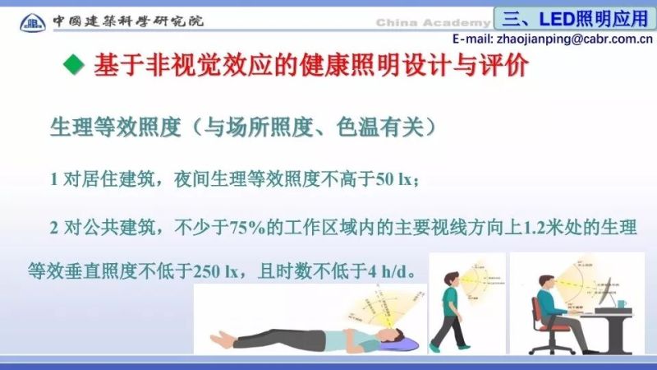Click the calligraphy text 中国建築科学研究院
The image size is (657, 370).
[128, 20]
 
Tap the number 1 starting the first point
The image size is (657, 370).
[54, 179]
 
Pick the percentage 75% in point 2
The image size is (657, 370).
[235, 231]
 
